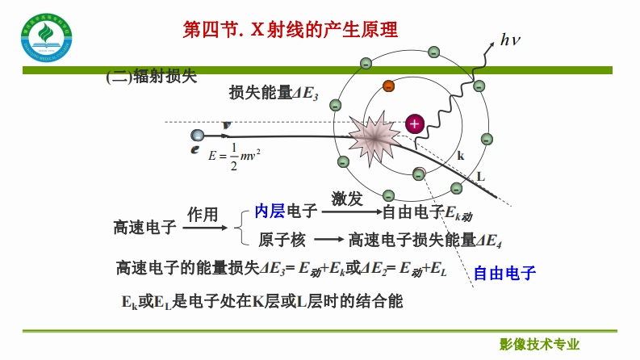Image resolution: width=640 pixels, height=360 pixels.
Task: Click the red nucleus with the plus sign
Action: pos(414,123)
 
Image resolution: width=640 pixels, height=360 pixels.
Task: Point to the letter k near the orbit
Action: pos(461,156)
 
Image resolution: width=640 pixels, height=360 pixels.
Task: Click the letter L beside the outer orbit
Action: pos(481,175)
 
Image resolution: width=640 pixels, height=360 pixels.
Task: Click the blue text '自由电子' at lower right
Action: pos(504,273)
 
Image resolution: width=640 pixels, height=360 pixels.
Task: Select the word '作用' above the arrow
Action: pos(203,215)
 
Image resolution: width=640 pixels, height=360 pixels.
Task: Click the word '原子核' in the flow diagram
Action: pos(282,240)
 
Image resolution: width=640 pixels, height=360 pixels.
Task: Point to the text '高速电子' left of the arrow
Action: pos(144,228)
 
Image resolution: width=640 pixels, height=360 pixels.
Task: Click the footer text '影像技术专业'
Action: pos(540,344)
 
